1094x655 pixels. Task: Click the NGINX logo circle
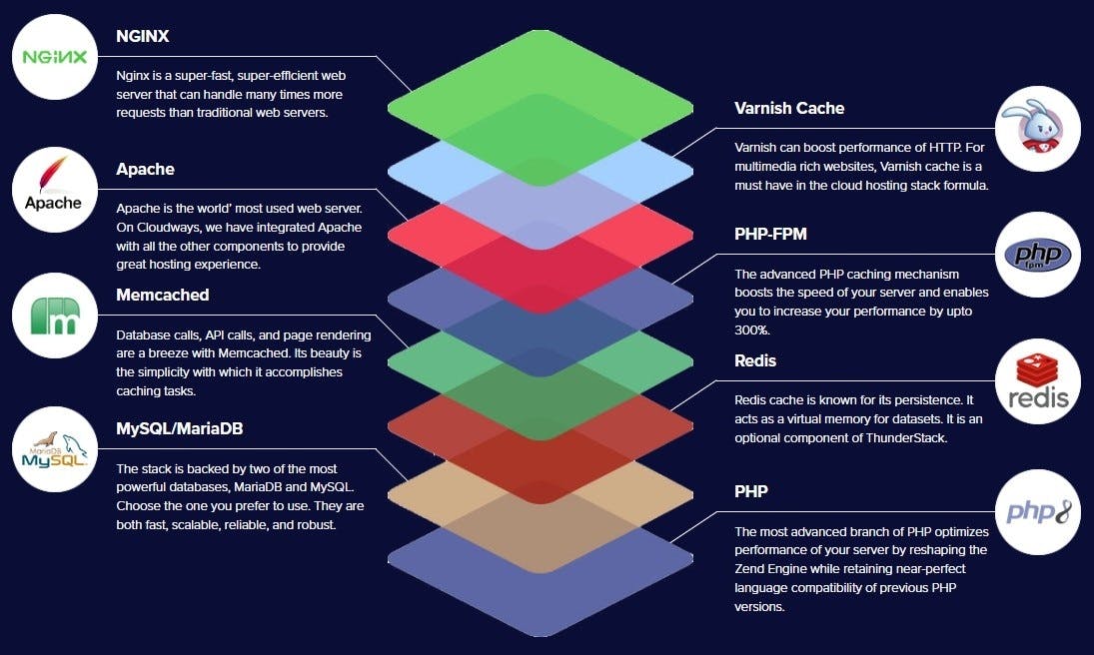[x=56, y=56]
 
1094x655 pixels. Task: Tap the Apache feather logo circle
[x=54, y=187]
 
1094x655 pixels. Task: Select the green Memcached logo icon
[x=55, y=316]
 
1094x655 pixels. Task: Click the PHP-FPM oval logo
[x=1039, y=256]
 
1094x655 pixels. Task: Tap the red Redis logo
[x=1039, y=383]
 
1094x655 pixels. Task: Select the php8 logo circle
[x=1039, y=512]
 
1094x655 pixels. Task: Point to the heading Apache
[x=145, y=169]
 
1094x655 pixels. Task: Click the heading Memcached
[x=162, y=296]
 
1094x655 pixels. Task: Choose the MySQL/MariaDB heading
[x=180, y=428]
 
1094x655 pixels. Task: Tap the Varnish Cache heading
[x=789, y=108]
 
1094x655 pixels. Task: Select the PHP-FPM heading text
[x=770, y=235]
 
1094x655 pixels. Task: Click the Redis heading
[x=755, y=360]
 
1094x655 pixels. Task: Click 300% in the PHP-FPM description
[x=751, y=329]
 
